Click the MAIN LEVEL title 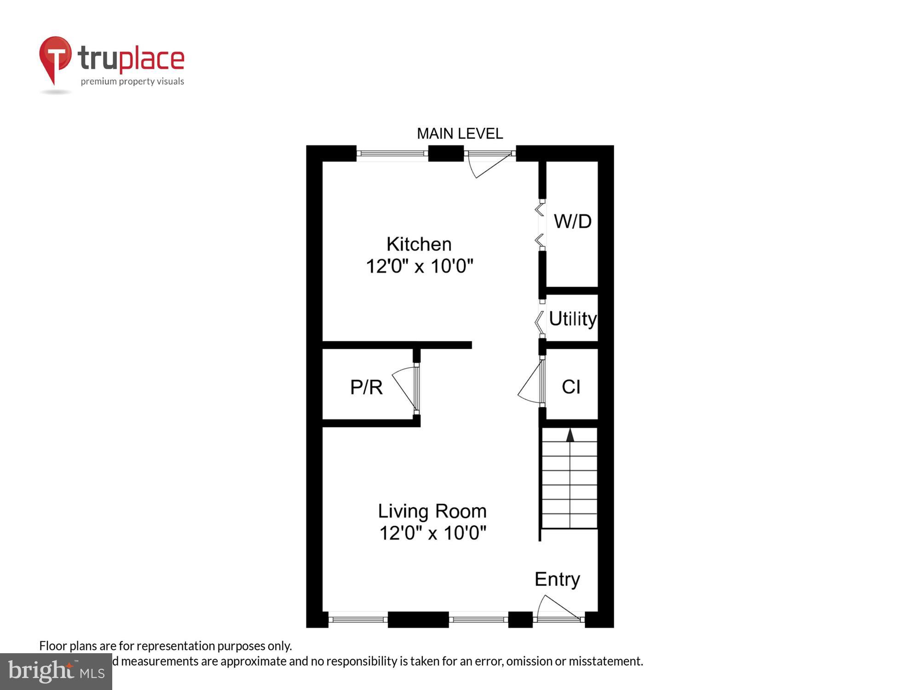coord(460,134)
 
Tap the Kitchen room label coord(419,244)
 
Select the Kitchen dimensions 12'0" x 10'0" coord(419,266)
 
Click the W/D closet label coord(572,222)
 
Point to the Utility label coord(572,319)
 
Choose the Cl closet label coord(571,387)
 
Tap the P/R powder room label coord(366,387)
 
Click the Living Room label coord(432,511)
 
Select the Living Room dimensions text coord(432,533)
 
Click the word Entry coord(557,579)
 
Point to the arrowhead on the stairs coord(570,435)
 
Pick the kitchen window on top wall coord(392,153)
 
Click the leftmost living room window coord(358,620)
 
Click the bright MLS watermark coord(56,671)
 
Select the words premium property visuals coord(132,82)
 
